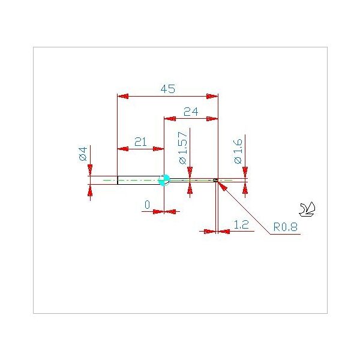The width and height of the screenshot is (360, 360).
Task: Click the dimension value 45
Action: pos(168,89)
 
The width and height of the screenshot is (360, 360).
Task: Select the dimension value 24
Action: pos(191,112)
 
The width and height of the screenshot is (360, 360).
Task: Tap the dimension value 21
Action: pos(140,142)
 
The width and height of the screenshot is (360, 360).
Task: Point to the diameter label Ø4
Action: pos(83,154)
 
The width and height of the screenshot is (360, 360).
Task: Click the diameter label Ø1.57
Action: pos(183,148)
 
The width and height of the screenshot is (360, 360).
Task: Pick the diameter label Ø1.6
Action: pos(238,151)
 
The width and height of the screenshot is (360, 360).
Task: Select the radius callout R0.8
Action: pos(286,227)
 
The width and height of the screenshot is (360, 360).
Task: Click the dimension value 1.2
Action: pos(241,224)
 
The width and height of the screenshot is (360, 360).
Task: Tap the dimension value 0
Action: pos(148,205)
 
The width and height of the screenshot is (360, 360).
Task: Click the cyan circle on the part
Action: pos(164,180)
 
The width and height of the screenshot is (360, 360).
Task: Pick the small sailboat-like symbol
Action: pos(307,209)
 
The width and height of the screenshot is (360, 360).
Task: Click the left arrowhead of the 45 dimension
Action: pos(122,96)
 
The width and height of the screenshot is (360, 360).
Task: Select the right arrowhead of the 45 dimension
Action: pos(212,96)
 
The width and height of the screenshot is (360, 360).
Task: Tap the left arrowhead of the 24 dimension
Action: pos(170,119)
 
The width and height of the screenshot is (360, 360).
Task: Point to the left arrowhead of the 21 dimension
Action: pos(123,149)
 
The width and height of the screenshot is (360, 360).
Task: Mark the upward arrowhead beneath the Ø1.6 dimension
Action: pos(245,188)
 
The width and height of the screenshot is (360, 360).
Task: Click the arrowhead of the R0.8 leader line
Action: pos(222,185)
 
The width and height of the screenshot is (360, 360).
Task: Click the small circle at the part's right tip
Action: pos(215,180)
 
